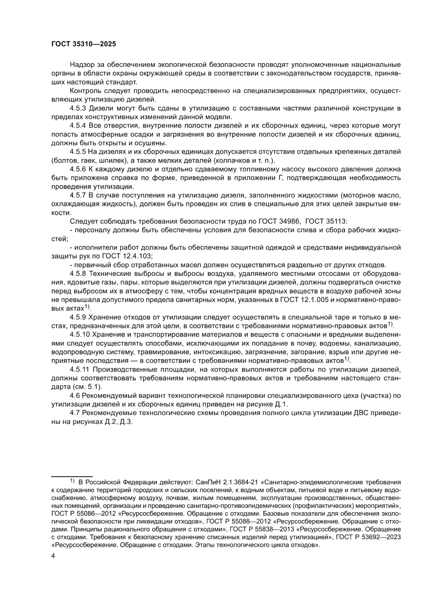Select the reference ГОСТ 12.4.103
(x=134, y=256)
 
